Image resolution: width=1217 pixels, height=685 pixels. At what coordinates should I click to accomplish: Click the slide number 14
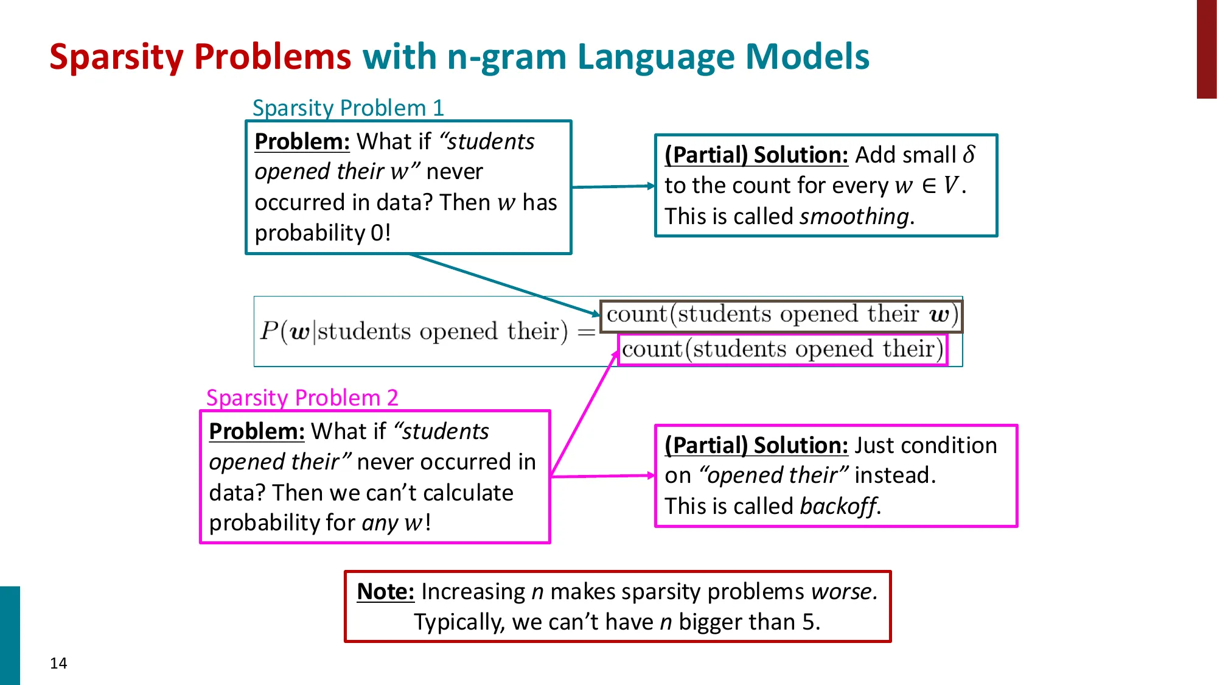58,663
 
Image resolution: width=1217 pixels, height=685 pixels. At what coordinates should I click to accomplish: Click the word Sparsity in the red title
116,57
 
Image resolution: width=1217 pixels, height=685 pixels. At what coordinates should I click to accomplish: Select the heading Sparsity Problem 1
348,108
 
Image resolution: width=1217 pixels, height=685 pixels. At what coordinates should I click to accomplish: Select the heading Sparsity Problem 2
302,398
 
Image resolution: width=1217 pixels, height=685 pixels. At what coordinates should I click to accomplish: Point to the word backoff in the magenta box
839,507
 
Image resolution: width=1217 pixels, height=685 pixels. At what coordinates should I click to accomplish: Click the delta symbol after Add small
969,154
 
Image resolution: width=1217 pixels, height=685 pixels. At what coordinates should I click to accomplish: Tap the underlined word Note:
385,592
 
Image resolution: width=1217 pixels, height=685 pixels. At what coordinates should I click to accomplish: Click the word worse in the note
842,592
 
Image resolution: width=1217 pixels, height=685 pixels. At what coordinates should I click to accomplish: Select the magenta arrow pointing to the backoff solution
602,476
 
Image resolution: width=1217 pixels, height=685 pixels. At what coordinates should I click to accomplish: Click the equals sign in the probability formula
586,332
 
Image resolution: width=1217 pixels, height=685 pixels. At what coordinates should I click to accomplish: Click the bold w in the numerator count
940,315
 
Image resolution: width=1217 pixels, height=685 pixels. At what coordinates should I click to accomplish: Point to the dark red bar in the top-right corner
1206,49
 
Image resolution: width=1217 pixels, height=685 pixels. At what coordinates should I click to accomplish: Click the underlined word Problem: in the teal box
302,142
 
